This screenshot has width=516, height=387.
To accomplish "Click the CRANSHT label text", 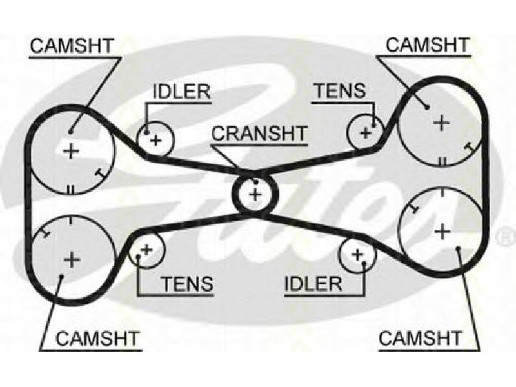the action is tap(259, 134).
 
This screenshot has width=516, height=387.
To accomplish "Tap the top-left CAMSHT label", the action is tap(72, 46).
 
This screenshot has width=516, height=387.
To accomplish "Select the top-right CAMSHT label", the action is tap(428, 45).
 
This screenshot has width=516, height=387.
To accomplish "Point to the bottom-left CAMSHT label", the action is tap(97, 338).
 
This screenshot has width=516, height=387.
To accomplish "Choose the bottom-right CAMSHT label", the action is tap(421, 338).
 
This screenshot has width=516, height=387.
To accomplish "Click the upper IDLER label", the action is tap(181, 91).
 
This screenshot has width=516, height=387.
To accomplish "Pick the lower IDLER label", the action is tap(313, 284).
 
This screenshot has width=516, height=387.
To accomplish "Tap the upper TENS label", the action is tap(340, 90).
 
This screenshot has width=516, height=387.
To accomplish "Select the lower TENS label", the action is tap(188, 283).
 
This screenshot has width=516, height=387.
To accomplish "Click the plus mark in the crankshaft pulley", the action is tap(255, 195).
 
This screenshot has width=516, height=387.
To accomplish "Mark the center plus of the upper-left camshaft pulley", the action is tap(71, 152).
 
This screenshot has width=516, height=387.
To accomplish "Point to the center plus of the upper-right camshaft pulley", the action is tap(441, 123).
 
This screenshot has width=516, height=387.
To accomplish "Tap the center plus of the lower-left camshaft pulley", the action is tap(72, 260).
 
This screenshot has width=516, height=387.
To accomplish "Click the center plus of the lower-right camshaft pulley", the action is tap(442, 232).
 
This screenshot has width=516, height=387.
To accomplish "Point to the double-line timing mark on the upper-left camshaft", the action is tap(71, 190).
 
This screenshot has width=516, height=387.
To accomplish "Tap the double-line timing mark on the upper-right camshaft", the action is tap(442, 161).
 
